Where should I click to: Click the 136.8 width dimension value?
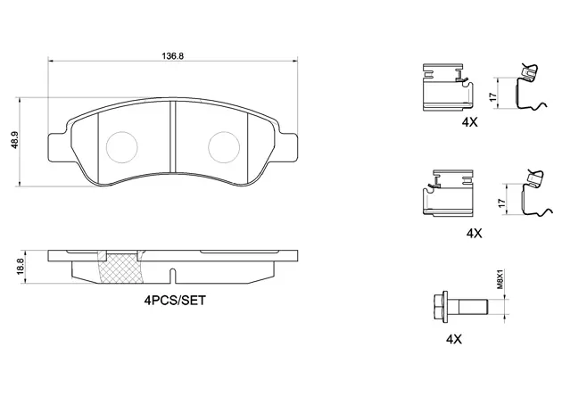click(173, 56)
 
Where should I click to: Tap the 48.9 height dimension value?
click(14, 142)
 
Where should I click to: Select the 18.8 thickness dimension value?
click(21, 267)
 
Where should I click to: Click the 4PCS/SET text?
click(175, 301)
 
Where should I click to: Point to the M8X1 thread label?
click(500, 280)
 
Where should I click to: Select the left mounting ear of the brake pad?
click(56, 147)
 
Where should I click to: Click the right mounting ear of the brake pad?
click(288, 147)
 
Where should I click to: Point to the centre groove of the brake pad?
click(173, 136)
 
